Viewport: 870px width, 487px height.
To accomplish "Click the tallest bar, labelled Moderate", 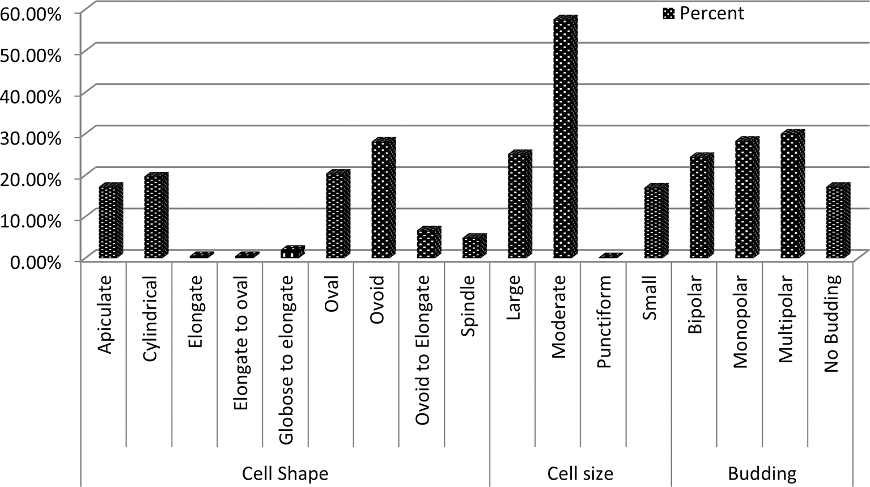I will point(565,139).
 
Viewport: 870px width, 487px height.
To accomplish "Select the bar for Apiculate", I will point(110,222).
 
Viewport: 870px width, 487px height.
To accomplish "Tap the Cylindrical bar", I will point(155,217).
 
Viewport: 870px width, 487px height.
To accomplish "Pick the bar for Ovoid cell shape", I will point(383,200).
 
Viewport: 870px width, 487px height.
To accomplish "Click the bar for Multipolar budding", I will point(792,196).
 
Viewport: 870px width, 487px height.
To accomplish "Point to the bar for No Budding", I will point(837,222).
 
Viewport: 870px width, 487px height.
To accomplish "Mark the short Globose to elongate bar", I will point(292,253).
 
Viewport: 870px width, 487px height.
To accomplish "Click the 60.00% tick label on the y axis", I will point(31,14).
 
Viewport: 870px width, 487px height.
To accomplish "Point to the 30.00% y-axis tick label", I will point(31,137).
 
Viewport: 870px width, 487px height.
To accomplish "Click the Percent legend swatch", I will point(668,14).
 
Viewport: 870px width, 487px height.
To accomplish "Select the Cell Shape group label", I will point(285,473).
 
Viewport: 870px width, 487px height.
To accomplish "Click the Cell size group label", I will point(580,473).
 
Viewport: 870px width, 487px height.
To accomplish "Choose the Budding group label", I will point(762,473).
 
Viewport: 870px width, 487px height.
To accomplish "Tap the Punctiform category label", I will point(604,321).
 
